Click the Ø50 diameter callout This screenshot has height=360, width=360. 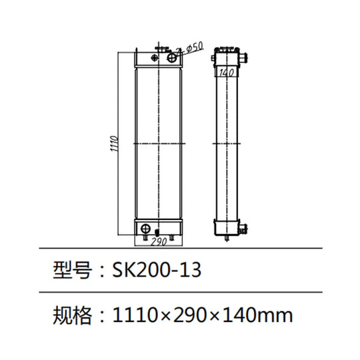click(x=195, y=47)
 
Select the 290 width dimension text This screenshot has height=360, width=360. click(x=160, y=241)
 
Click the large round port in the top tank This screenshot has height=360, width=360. click(x=174, y=58)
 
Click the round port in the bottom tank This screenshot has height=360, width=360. click(x=145, y=229)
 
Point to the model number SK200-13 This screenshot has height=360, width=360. click(x=155, y=271)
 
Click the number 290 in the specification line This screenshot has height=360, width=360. click(x=192, y=313)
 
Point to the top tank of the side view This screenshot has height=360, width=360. click(x=227, y=59)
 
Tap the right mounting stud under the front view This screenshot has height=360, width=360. click(x=175, y=239)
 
